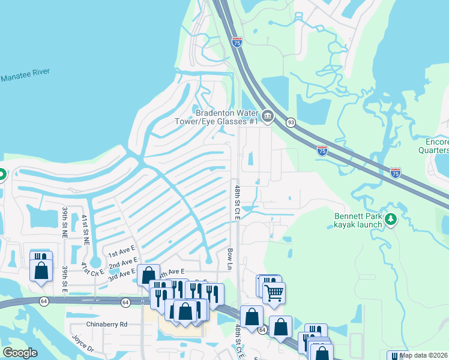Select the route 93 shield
point(291,122)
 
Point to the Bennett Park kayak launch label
point(358,220)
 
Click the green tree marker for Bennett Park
point(391,220)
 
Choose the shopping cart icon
point(274,293)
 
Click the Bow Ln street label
point(230,259)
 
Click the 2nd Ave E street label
point(123,264)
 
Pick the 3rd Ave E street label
point(122,275)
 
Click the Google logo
point(20,353)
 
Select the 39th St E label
point(64,280)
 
